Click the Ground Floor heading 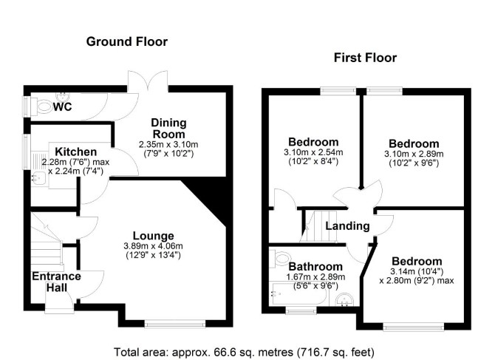pos(127,41)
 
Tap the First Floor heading pos(365,58)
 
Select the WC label pos(62,106)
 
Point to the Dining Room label pos(168,128)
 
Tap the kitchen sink pos(39,177)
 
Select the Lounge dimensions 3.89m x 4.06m pos(154,246)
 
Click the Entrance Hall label pos(56,282)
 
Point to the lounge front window pos(175,324)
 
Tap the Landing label pos(347,225)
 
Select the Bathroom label pos(315,267)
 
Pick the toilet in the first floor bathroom pos(281,258)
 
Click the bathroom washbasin pos(345,299)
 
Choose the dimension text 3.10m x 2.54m pos(313,152)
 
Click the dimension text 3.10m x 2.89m pos(414,154)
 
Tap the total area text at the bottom pos(244,352)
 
